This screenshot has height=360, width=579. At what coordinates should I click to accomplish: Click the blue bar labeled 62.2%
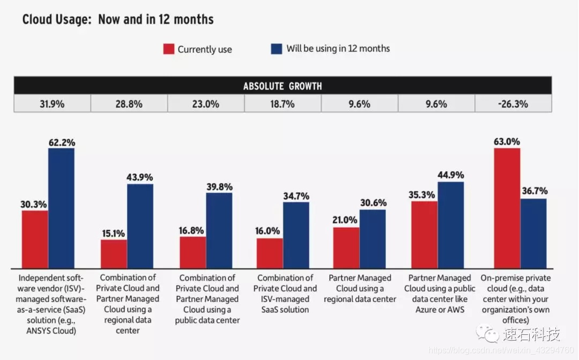tap(61, 208)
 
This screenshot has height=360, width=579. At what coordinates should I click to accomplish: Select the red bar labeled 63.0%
tap(507, 208)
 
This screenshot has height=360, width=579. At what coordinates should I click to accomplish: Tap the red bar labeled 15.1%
tap(114, 254)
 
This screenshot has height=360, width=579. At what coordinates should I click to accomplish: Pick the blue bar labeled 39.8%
tap(219, 230)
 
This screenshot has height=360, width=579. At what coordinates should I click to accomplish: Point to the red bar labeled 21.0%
tap(346, 248)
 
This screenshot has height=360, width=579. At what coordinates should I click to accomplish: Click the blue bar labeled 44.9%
tap(451, 225)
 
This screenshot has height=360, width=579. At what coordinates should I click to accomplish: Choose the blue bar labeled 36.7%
tap(533, 234)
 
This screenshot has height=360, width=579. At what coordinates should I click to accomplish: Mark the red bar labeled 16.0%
tap(270, 253)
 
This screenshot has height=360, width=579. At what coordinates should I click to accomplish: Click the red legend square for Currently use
tap(168, 49)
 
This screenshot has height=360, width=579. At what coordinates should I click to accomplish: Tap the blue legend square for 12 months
tap(277, 49)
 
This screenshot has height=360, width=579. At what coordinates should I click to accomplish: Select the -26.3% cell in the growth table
tap(513, 104)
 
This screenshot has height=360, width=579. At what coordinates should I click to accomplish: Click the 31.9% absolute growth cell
tap(52, 104)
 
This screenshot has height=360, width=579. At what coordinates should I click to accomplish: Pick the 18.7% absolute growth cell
tap(283, 104)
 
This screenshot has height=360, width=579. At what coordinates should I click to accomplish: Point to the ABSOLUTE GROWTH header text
tap(283, 86)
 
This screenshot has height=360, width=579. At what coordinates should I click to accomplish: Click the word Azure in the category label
tap(427, 310)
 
